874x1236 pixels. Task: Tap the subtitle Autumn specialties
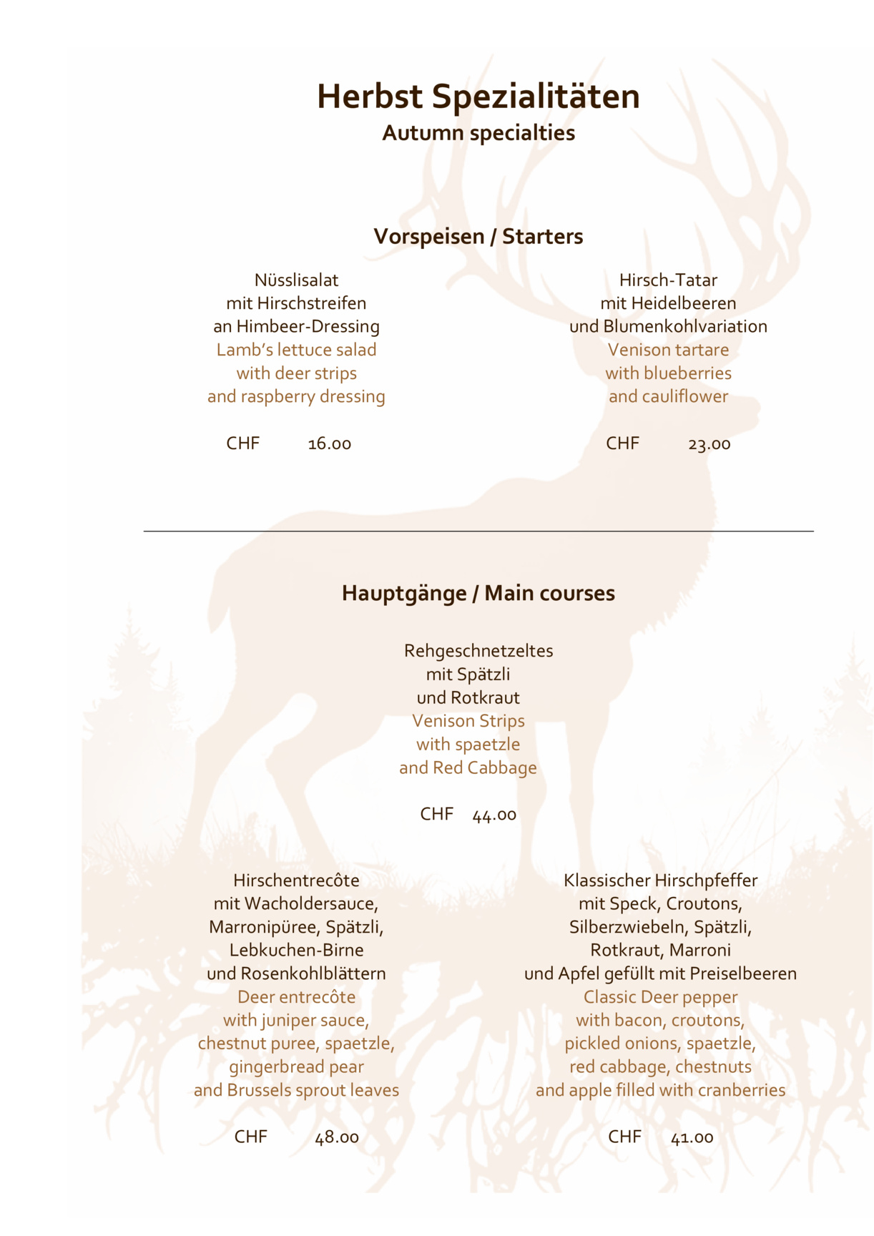[x=478, y=133]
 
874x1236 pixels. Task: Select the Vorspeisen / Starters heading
[x=478, y=237]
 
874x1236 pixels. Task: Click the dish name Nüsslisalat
[x=296, y=280]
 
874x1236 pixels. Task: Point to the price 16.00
[x=329, y=444]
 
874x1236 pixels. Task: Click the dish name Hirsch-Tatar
[x=668, y=280]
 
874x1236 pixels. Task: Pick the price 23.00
[x=709, y=444]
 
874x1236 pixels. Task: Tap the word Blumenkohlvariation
[x=684, y=327]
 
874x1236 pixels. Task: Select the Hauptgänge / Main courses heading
[x=478, y=594]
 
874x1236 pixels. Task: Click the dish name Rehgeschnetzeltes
[x=478, y=651]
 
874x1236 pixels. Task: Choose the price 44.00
[x=494, y=815]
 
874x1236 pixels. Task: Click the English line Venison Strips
[x=468, y=721]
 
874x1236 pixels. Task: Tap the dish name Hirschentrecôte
[x=296, y=881]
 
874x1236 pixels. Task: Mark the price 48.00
[x=337, y=1137]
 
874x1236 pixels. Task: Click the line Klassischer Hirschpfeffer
[x=660, y=881]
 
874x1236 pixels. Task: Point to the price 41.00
[x=692, y=1137]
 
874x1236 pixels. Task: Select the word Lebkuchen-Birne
[x=296, y=951]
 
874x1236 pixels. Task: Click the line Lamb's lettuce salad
[x=296, y=350]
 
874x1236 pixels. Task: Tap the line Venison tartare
[x=668, y=350]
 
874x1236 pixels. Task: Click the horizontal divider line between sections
[x=478, y=531]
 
